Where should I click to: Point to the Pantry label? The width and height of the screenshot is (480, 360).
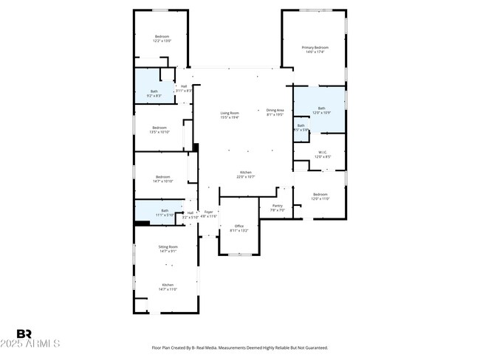(278, 208)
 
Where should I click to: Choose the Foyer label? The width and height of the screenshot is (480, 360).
(210, 214)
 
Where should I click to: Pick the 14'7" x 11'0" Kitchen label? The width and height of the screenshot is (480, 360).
(168, 287)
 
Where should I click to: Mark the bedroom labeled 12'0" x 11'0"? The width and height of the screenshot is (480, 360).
(319, 196)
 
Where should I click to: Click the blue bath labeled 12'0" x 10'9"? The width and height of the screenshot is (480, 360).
(321, 110)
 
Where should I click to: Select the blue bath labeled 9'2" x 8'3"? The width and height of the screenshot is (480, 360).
(154, 93)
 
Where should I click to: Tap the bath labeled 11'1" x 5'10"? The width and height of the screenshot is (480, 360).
(164, 213)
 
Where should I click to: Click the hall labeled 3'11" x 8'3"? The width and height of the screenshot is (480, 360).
(183, 88)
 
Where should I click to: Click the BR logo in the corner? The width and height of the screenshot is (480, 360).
(24, 334)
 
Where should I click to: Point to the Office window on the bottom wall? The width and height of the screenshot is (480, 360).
(239, 255)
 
